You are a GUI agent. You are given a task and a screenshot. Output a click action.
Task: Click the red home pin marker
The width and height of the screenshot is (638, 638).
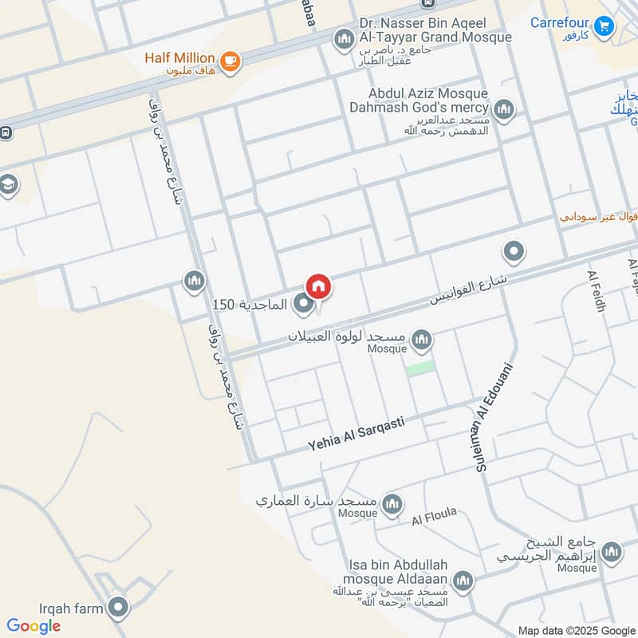click(x=317, y=286)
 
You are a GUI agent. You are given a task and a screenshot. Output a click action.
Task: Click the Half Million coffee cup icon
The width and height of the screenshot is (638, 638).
click(x=230, y=61)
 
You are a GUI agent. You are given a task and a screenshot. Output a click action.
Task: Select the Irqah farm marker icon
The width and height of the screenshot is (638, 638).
click(x=119, y=608)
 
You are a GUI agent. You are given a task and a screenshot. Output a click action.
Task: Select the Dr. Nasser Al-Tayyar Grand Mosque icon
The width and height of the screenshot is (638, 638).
click(x=345, y=38)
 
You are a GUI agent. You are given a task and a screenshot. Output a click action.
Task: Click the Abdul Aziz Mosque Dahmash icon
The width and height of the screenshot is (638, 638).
click(x=503, y=109)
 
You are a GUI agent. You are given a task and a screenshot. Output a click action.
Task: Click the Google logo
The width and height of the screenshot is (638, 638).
click(x=33, y=626)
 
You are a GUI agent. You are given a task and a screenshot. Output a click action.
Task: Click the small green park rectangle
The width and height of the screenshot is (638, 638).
click(x=420, y=368)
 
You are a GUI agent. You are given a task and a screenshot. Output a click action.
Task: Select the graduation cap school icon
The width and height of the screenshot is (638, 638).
click(x=8, y=185)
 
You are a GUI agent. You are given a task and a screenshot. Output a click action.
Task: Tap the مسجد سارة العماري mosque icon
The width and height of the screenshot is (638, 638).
click(x=392, y=503)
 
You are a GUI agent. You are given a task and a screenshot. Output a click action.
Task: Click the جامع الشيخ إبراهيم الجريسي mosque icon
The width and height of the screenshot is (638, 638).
click(x=611, y=552)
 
